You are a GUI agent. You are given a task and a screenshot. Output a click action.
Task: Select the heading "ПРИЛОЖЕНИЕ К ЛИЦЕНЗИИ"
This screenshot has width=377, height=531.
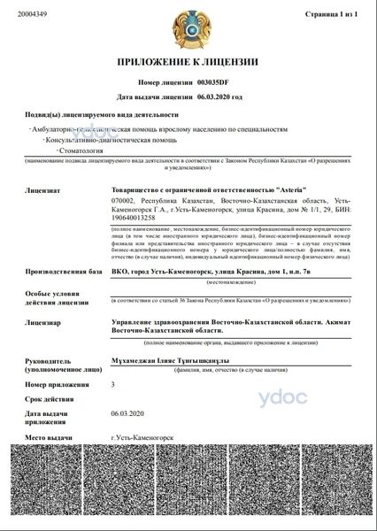pos(188,63)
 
